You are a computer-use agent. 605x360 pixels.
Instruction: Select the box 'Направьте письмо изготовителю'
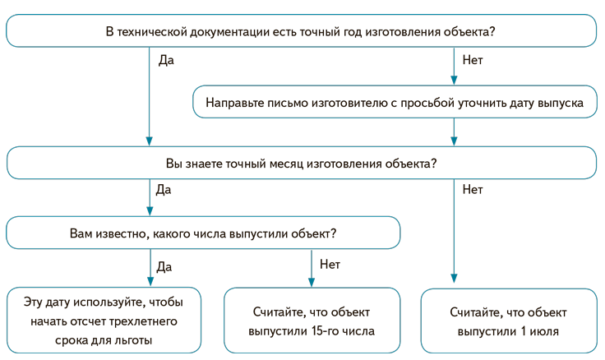(395, 104)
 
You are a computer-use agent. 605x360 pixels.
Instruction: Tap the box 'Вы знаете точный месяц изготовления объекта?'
(301, 163)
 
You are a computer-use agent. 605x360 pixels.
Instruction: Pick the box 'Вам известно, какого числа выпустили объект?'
(203, 233)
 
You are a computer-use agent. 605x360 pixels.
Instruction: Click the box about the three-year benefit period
(104, 320)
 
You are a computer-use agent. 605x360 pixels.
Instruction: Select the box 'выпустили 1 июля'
(508, 321)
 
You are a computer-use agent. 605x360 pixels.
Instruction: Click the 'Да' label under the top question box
(165, 61)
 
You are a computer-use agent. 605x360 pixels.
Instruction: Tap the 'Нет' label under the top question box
(473, 61)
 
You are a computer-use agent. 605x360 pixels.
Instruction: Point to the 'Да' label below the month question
(164, 190)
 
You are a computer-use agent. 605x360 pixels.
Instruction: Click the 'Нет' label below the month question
(473, 190)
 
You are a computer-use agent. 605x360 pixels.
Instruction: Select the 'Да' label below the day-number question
(164, 265)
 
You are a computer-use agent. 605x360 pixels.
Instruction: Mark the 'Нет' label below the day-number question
(330, 265)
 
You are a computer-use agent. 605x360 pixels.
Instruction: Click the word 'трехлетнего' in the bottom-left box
(150, 320)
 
